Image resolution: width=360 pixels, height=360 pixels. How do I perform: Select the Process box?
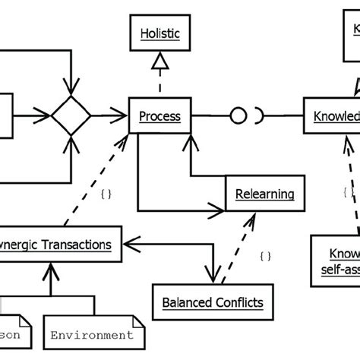click(x=159, y=116)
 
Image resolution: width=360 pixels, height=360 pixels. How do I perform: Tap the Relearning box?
click(x=260, y=194)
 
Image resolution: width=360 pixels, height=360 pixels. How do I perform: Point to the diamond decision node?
click(x=71, y=116)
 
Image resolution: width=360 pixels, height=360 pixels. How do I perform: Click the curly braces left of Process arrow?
click(x=106, y=194)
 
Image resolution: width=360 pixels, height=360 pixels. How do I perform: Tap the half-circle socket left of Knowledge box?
click(x=260, y=116)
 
